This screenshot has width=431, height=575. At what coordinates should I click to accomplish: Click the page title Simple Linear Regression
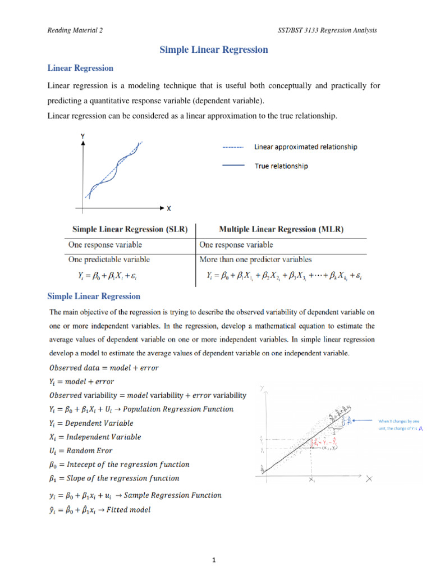point(214,50)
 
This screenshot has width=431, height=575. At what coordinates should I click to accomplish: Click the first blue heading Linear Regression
point(80,68)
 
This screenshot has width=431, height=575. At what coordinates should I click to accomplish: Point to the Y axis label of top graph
point(83,135)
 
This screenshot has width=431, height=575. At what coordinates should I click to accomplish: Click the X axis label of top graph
point(169,208)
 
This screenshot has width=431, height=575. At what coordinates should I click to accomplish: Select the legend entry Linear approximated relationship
point(305,147)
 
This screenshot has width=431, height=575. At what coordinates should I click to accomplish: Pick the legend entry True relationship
point(281,166)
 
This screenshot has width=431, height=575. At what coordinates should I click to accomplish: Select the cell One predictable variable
point(109,259)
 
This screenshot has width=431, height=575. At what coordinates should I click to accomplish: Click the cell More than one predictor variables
point(255,259)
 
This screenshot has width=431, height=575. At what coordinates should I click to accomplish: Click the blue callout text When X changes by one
point(398,421)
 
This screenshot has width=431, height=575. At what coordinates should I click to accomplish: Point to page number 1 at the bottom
point(215,560)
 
